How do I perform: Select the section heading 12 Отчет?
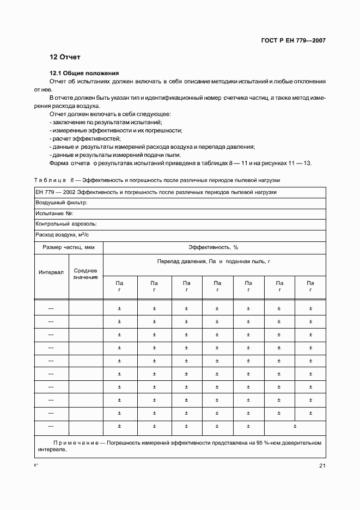65,57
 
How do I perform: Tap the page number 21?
322,465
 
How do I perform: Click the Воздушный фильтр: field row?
62,202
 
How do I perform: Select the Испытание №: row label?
54,213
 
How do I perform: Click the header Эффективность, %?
213,247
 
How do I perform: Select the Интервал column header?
51,271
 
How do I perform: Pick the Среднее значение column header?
86,274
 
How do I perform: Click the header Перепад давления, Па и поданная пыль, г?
213,262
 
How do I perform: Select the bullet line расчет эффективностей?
84,139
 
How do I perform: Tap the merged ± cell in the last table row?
295,426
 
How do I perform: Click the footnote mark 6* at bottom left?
36,465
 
